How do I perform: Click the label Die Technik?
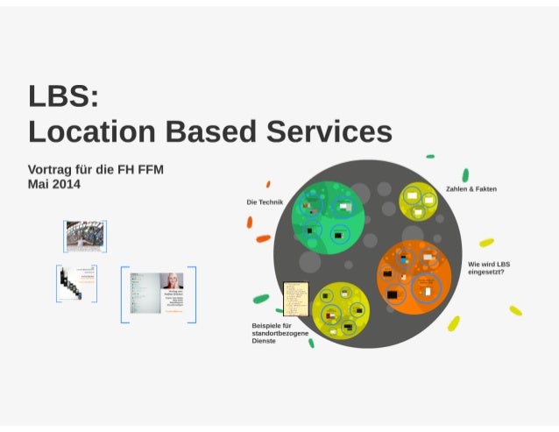click(264, 202)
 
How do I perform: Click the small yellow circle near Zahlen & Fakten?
click(419, 202)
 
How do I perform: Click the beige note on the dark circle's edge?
click(295, 298)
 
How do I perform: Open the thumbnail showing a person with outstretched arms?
click(85, 236)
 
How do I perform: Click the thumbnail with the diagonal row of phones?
click(76, 284)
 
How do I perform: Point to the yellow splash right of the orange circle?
click(486, 243)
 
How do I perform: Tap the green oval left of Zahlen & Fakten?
click(465, 174)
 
